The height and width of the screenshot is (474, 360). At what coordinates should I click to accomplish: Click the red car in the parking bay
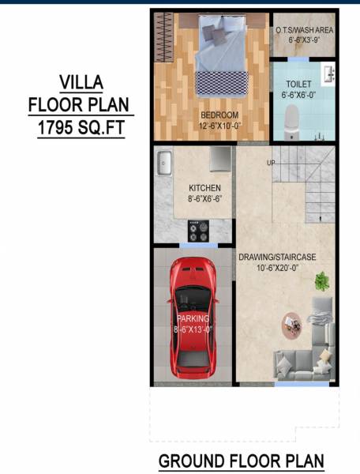(x=193, y=315)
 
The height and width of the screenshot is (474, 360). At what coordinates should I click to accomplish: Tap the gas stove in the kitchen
(x=197, y=231)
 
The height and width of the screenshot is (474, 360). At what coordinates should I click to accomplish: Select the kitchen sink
(x=166, y=164)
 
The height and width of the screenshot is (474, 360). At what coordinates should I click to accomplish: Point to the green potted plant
(x=321, y=280)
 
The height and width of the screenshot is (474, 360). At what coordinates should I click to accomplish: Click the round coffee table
(x=292, y=322)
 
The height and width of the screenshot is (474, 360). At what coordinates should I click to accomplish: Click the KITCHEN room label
(x=204, y=187)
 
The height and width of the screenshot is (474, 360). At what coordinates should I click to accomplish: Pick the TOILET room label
(x=298, y=83)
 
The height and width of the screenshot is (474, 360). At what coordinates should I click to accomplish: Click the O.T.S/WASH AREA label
(x=304, y=30)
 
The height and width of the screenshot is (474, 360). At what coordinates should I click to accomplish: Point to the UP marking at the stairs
(x=271, y=164)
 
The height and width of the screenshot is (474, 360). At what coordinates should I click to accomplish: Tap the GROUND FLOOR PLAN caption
(x=242, y=461)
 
